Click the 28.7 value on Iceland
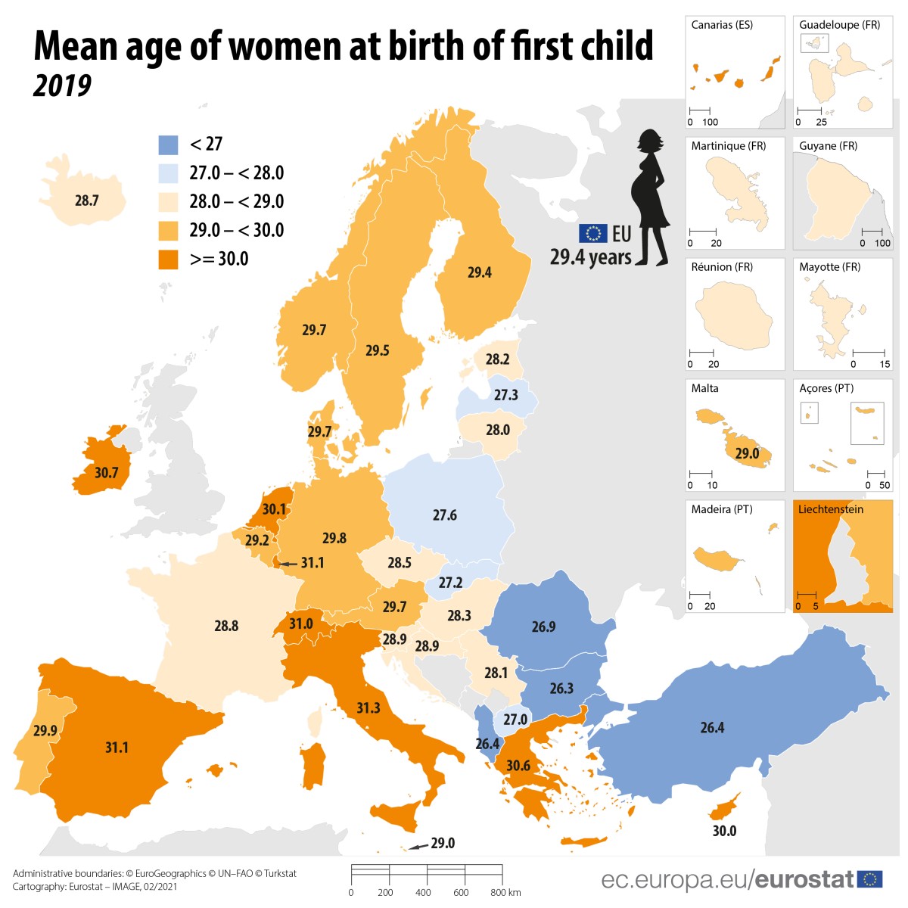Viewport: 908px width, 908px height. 86,201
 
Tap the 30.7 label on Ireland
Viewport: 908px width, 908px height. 106,473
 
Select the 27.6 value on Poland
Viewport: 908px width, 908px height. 444,515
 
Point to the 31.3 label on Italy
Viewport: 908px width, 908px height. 368,707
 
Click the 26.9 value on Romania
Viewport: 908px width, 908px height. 543,627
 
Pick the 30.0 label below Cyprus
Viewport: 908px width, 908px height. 724,831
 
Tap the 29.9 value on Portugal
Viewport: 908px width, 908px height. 45,731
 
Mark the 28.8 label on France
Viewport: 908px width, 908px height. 226,626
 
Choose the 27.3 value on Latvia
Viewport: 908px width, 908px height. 505,395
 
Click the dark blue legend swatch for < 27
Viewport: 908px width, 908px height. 168,145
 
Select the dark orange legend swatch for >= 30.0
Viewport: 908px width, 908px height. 168,260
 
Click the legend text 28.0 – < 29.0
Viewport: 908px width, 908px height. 236,201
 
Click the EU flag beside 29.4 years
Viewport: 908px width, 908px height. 592,233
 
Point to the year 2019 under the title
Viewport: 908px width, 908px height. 62,86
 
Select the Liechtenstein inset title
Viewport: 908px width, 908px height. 830,509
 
